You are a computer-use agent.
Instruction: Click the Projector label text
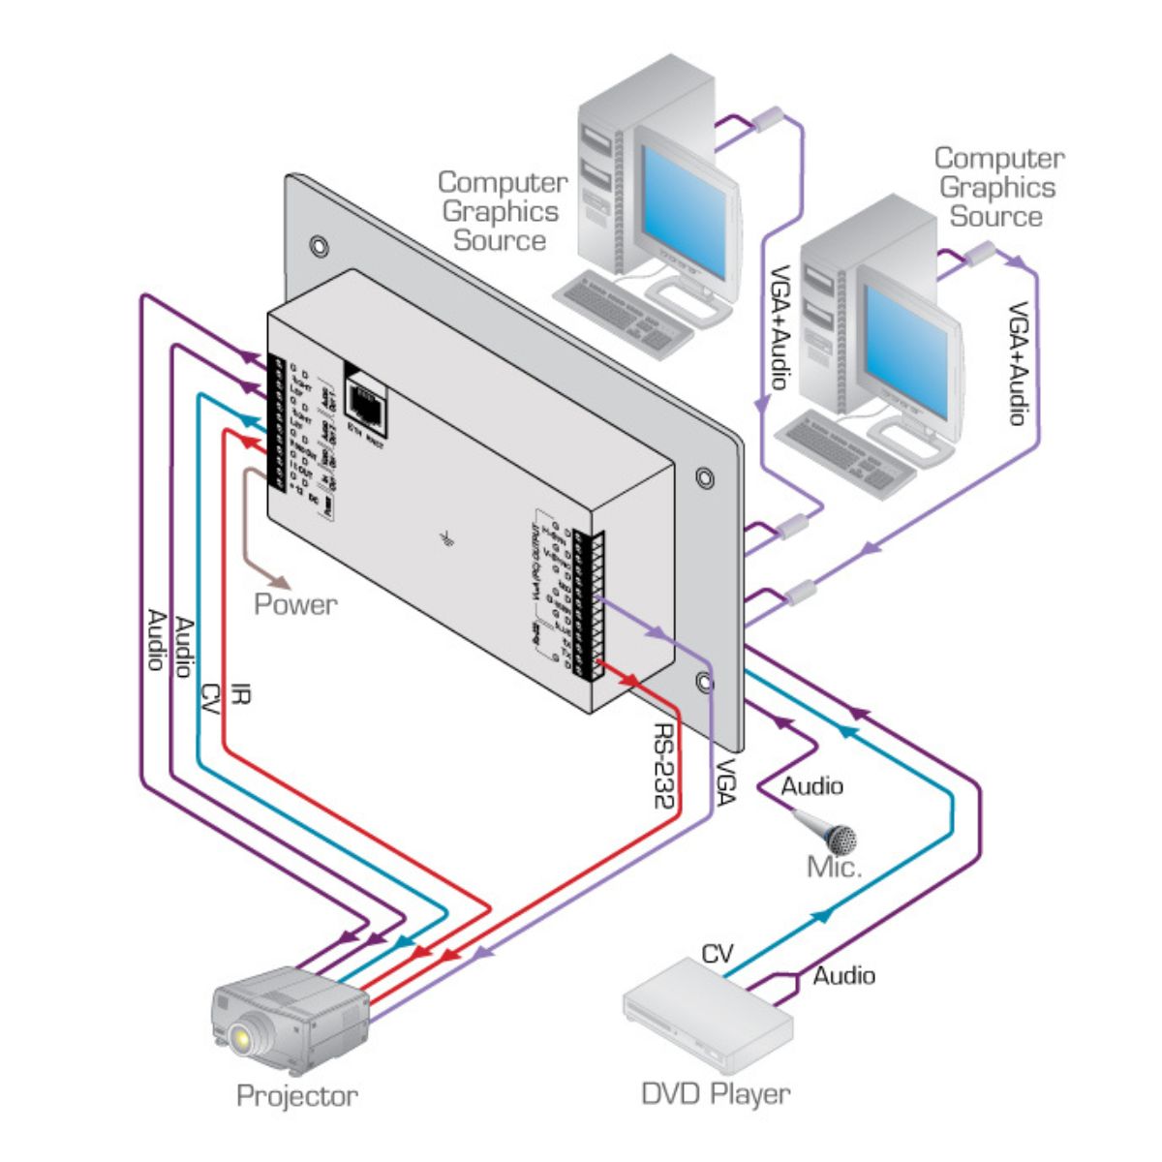(x=296, y=1096)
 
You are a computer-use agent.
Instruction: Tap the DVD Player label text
(x=716, y=1094)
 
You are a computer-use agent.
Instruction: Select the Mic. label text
(x=834, y=867)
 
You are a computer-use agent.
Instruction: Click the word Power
(x=295, y=604)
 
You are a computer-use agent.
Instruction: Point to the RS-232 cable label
(x=665, y=766)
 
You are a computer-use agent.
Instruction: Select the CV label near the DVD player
(x=718, y=955)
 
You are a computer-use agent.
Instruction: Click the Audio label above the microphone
(x=811, y=785)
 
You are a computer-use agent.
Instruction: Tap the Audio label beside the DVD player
(x=843, y=975)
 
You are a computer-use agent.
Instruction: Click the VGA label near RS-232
(x=723, y=780)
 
